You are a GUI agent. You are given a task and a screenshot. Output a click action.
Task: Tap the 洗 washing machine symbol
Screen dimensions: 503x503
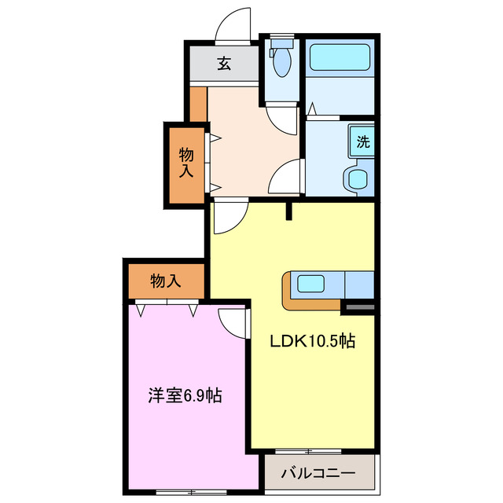[362, 142]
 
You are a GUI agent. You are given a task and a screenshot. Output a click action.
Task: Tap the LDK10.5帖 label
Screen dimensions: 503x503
[312, 341]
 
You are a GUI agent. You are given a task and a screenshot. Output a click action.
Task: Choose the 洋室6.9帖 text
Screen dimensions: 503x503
[185, 395]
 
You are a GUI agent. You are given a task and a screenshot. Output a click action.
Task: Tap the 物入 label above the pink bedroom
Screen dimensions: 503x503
[166, 281]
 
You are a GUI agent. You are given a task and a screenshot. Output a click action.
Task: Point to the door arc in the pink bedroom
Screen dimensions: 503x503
[233, 322]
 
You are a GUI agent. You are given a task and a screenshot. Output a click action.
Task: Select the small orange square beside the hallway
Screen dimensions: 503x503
[198, 105]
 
